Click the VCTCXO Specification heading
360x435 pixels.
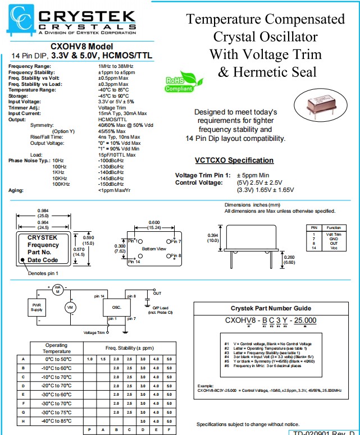tap(234, 160)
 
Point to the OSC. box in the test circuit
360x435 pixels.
tap(117, 307)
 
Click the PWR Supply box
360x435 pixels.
tap(37, 306)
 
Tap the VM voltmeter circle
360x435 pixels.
tap(71, 307)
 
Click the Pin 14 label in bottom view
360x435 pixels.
tap(134, 262)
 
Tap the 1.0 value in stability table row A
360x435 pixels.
tap(89, 359)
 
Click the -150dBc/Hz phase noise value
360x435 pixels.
tap(111, 184)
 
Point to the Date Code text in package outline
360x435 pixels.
tap(43, 260)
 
